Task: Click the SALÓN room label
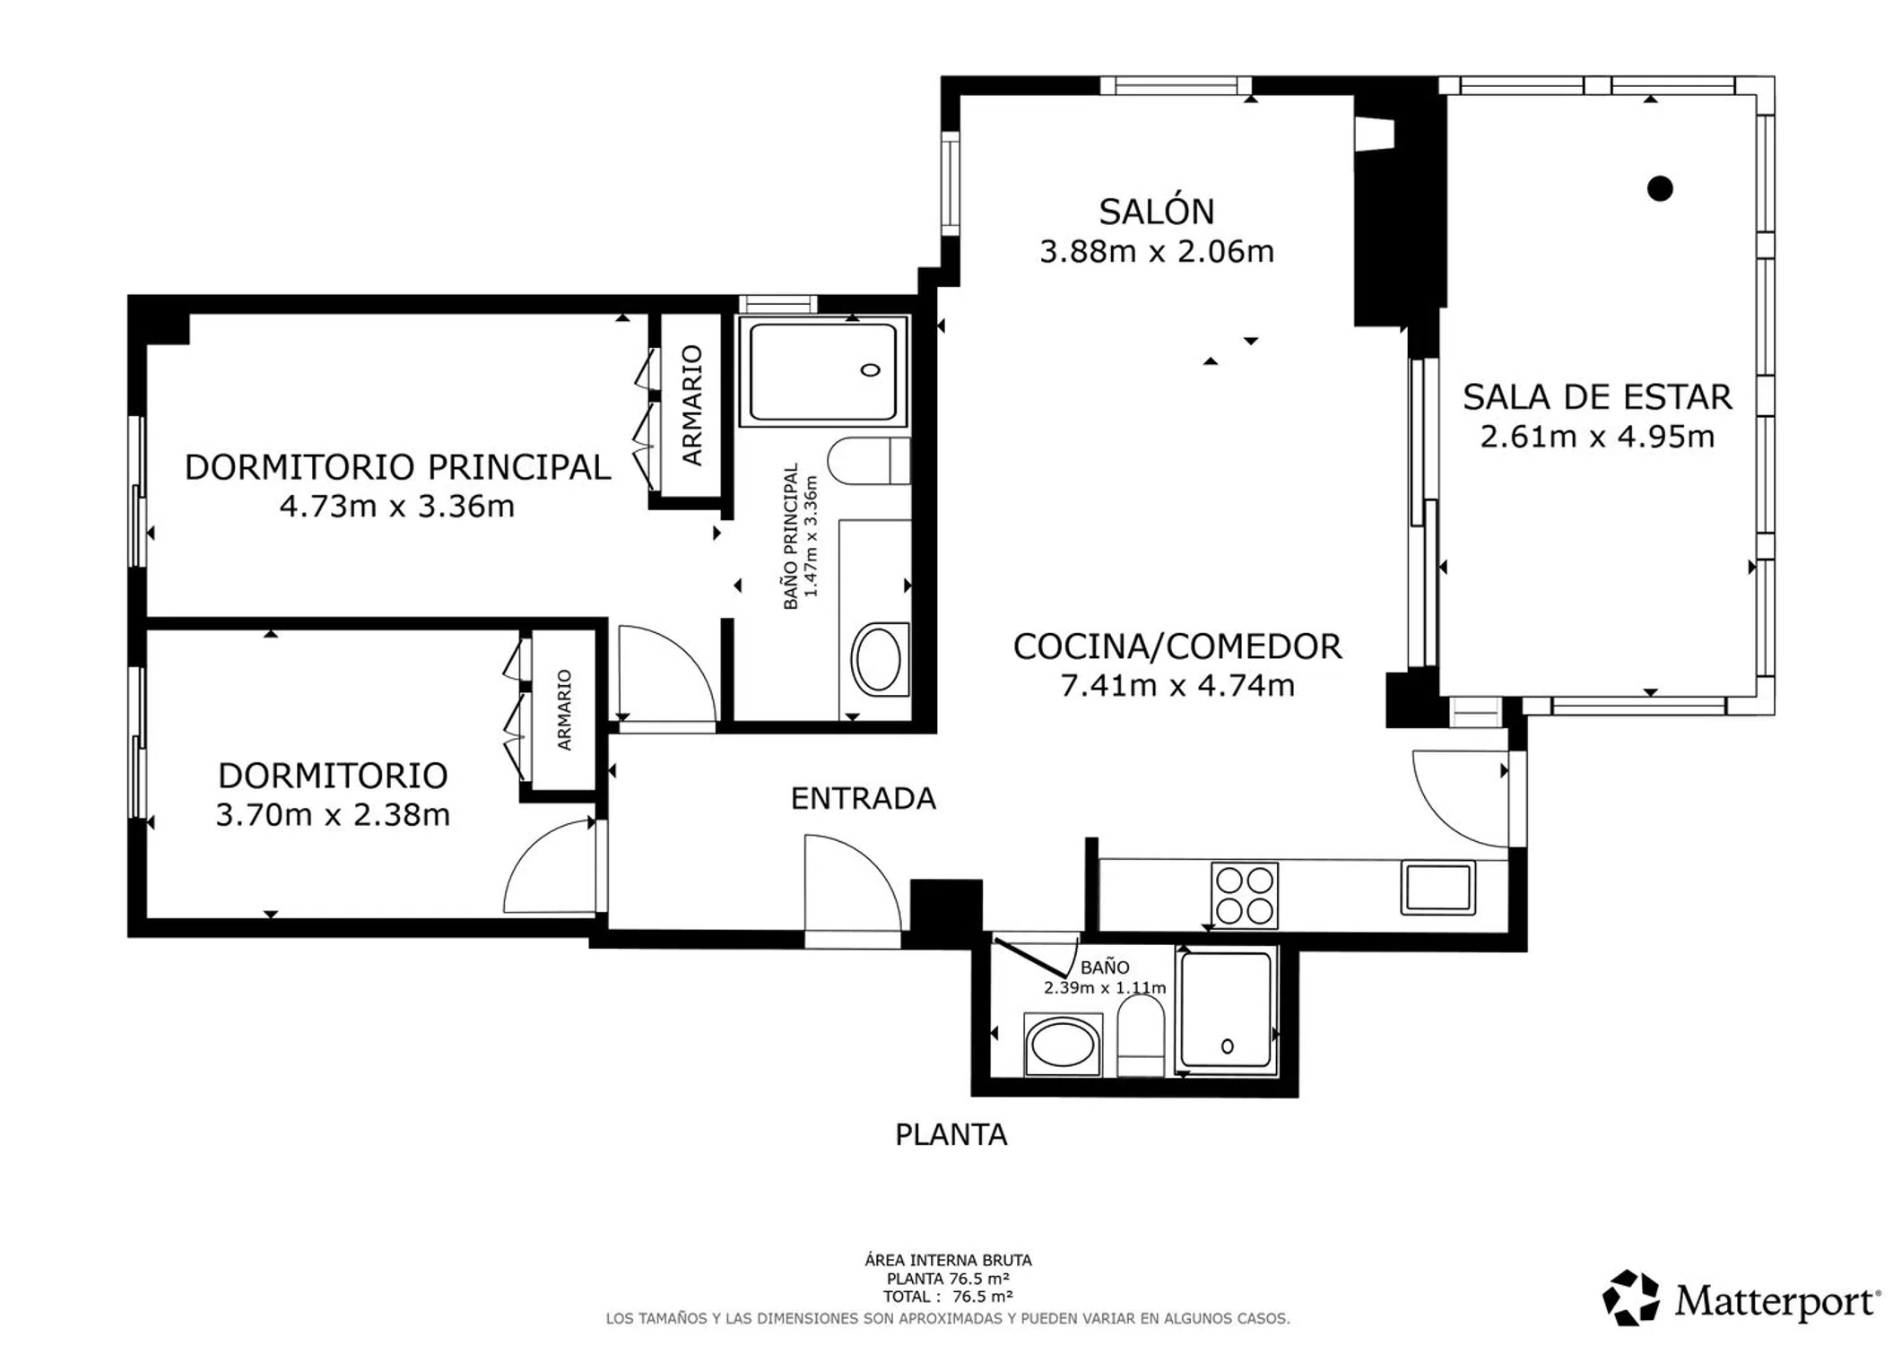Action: (1157, 212)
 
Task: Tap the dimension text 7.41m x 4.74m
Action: (1177, 686)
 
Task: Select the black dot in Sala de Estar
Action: (1660, 188)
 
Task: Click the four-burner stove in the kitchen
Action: (1244, 895)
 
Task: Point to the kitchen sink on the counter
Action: (1437, 888)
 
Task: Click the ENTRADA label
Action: (863, 798)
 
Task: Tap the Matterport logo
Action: (1741, 1298)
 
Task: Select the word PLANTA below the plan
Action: (951, 1135)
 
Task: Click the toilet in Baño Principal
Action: (868, 461)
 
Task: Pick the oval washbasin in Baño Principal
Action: (879, 659)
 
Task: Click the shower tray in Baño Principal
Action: (823, 371)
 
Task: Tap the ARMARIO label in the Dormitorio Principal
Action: (692, 405)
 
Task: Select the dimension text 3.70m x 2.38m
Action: (333, 815)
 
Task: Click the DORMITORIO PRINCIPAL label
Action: (397, 467)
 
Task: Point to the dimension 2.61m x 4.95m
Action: (1597, 437)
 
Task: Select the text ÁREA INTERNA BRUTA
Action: (948, 1260)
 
